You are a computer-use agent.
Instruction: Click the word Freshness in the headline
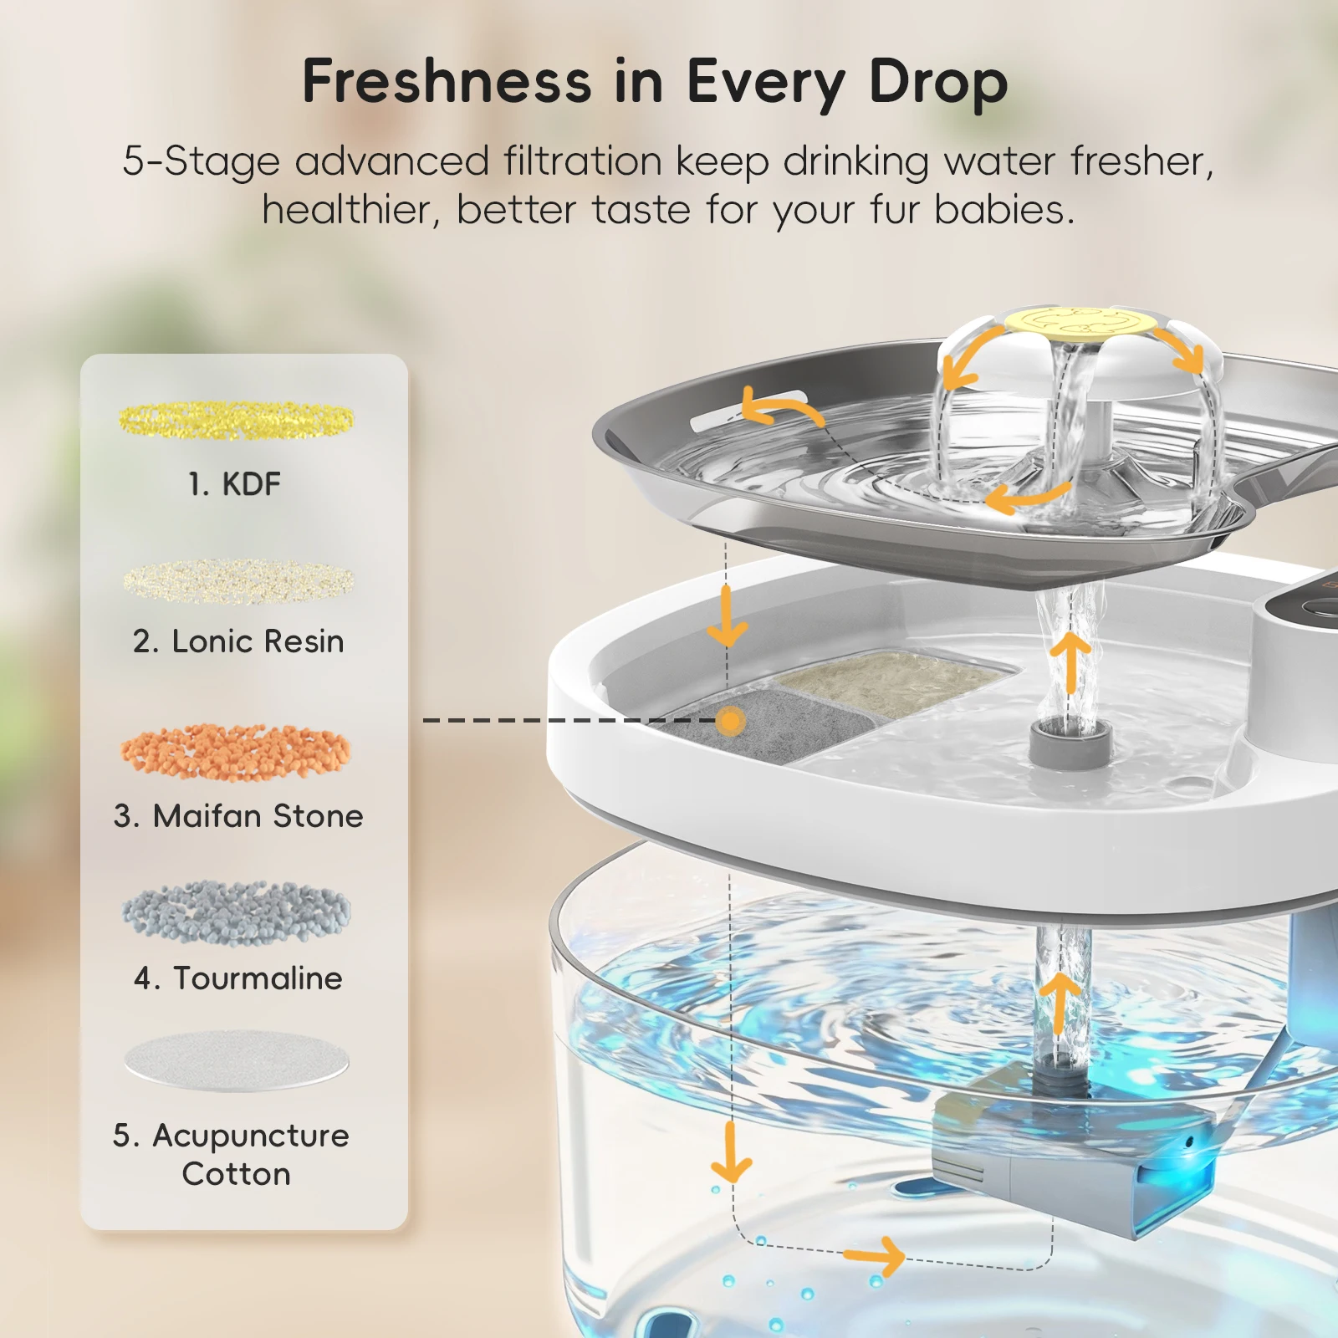[x=447, y=82]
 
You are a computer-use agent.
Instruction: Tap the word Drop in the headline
[x=938, y=84]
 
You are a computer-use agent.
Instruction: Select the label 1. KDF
[x=234, y=484]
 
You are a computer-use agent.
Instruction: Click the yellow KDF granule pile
[x=236, y=420]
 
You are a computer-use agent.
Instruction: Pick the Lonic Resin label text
[x=238, y=641]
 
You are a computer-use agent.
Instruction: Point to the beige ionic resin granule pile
[x=238, y=580]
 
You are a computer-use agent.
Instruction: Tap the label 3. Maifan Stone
[x=238, y=816]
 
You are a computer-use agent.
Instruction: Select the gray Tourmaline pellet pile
[x=236, y=912]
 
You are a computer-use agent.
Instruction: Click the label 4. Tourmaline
[x=238, y=978]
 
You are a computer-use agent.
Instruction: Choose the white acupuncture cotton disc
[x=236, y=1060]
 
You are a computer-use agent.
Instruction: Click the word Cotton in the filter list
[x=236, y=1174]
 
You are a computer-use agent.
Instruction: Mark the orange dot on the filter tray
[x=731, y=720]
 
